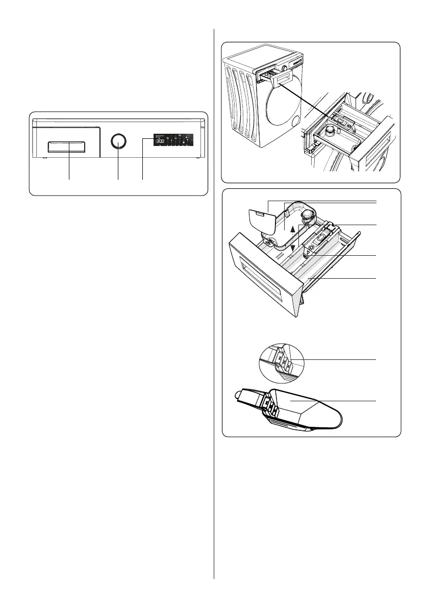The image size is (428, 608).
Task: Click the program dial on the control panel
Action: coord(118,141)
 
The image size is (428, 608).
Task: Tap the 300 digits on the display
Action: coord(160,141)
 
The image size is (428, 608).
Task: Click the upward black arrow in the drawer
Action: coord(292,230)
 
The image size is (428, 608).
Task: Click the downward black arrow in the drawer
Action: coord(292,247)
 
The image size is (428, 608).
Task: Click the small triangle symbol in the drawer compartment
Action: coord(309,251)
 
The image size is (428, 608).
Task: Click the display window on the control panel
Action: coord(173,139)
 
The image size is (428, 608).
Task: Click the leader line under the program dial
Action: coord(118,166)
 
